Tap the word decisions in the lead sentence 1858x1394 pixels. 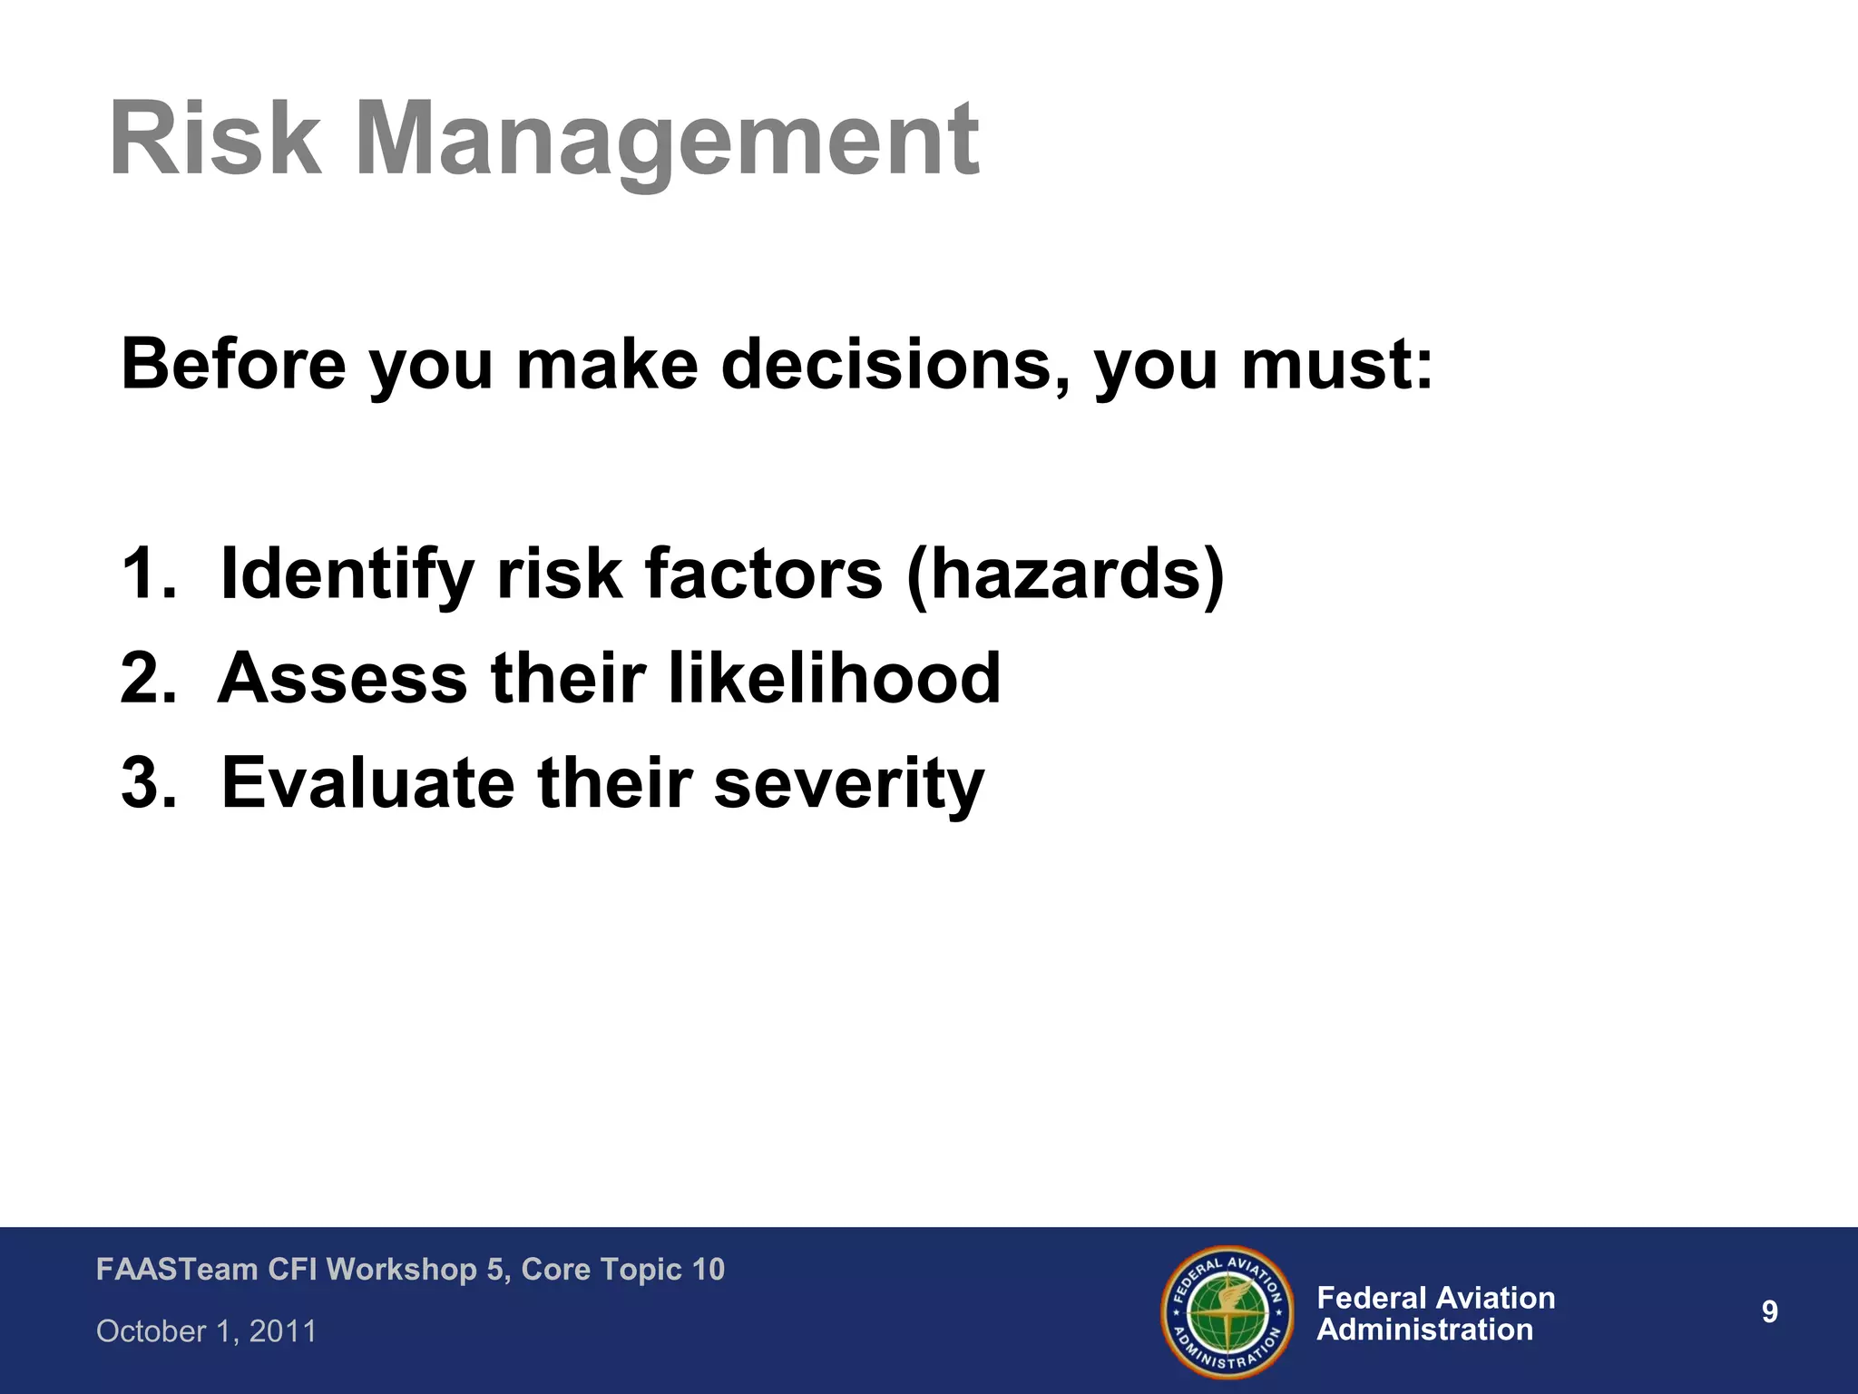pos(893,364)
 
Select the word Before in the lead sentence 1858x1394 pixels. pos(234,364)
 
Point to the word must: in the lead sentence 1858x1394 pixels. pos(1337,364)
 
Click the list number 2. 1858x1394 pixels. pos(147,678)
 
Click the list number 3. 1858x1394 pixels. pos(147,782)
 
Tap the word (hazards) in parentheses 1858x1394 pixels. pos(1065,574)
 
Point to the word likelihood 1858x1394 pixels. pos(835,678)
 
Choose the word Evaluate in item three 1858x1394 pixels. pos(368,782)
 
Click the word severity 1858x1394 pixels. pos(848,782)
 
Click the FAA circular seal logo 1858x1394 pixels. pos(1227,1311)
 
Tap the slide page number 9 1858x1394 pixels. pos(1769,1312)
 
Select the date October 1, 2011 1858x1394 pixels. pos(207,1331)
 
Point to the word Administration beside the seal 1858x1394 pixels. pos(1424,1330)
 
